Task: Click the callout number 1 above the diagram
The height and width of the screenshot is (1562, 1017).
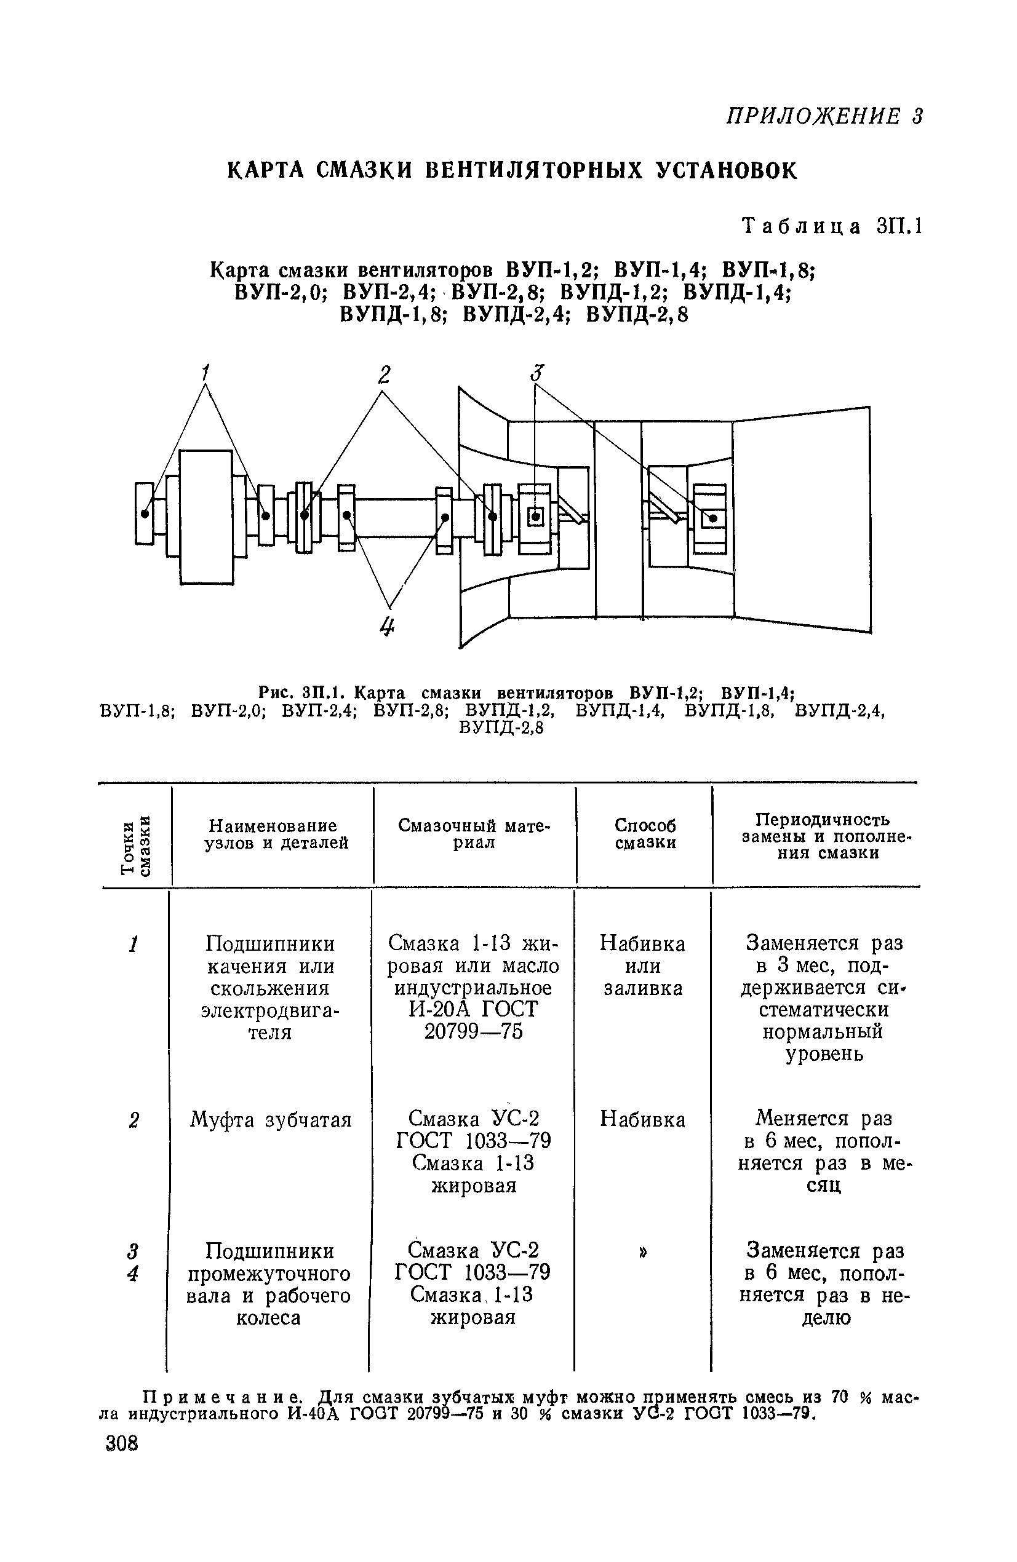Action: click(x=205, y=372)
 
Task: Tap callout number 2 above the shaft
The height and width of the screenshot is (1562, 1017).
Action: click(x=384, y=375)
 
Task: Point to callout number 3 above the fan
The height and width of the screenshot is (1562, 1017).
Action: click(x=538, y=373)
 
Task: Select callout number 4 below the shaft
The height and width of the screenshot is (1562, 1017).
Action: click(x=388, y=627)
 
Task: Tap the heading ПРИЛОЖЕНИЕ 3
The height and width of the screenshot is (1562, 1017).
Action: click(x=824, y=116)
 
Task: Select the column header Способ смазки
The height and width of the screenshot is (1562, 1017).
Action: click(x=645, y=833)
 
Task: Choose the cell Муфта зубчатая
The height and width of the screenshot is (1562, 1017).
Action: click(x=271, y=1119)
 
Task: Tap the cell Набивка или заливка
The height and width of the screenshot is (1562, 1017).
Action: click(x=643, y=966)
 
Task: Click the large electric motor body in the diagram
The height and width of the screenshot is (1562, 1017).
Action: click(x=206, y=517)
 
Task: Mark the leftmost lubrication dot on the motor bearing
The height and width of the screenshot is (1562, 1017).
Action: click(x=145, y=514)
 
